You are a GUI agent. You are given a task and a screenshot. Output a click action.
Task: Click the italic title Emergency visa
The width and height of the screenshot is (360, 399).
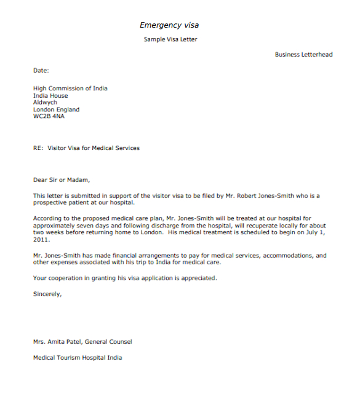(169, 25)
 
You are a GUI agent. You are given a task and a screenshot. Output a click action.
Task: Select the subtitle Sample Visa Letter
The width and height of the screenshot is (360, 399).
(170, 39)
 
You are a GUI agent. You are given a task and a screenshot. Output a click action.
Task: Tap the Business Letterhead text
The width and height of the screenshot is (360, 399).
(303, 55)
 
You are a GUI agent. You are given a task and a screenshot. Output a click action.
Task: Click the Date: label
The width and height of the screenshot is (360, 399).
(41, 71)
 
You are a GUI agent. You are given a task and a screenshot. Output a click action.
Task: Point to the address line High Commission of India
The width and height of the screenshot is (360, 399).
(70, 89)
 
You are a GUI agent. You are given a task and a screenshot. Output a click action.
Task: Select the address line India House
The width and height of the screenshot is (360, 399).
(50, 96)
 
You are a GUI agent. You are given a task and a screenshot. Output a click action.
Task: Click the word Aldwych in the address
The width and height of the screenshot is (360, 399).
(45, 103)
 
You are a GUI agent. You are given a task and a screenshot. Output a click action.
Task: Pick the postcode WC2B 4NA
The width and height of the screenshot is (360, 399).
(49, 116)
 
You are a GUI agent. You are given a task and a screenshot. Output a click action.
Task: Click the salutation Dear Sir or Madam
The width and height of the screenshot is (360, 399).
(62, 180)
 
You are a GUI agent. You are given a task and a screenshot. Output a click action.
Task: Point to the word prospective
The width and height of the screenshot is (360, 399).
(50, 203)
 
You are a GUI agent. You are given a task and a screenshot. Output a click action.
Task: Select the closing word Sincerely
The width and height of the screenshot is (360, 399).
(47, 294)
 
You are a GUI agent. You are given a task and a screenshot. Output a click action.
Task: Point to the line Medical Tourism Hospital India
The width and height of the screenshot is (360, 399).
(78, 358)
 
